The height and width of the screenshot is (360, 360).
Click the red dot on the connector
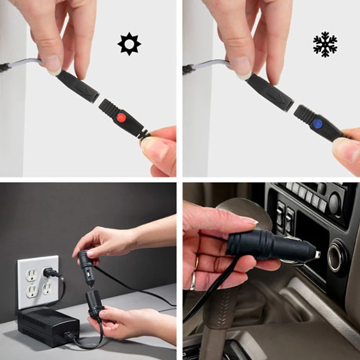(x=121, y=118)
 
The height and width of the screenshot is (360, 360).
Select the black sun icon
(x=129, y=44)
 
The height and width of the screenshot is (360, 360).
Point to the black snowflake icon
(x=325, y=44)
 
